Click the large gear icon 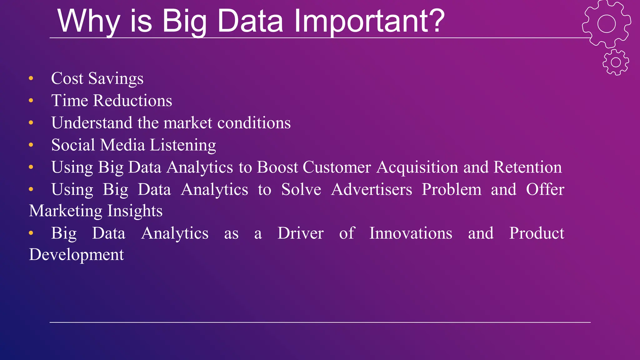point(606,24)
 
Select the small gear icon point(616,62)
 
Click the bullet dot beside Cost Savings point(31,78)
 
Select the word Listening point(183,145)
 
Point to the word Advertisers point(372,190)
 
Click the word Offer point(545,189)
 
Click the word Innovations point(411,233)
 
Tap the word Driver point(300,233)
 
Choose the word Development point(77,255)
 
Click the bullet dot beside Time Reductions point(31,101)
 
